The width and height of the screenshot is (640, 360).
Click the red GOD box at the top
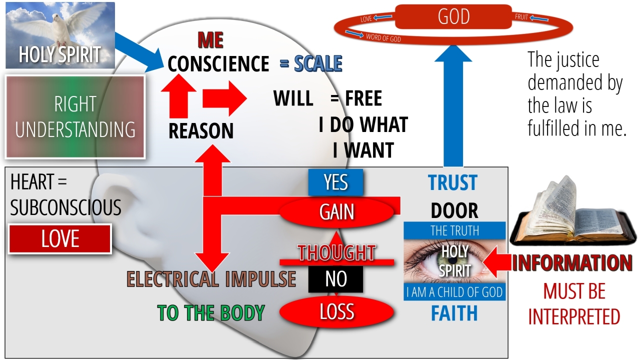pyautogui.click(x=453, y=16)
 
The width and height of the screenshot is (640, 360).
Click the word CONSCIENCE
pyautogui.click(x=218, y=64)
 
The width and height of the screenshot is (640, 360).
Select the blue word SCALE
pyautogui.click(x=318, y=64)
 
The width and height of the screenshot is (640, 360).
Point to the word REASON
pyautogui.click(x=201, y=131)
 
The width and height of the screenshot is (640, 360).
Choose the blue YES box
pyautogui.click(x=335, y=182)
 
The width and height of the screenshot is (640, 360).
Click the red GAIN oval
pyautogui.click(x=337, y=212)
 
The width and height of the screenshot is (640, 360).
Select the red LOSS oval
pyautogui.click(x=336, y=312)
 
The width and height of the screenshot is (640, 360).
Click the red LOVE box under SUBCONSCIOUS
pyautogui.click(x=60, y=239)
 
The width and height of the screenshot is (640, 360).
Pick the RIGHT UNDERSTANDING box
pyautogui.click(x=75, y=117)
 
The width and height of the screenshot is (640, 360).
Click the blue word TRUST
pyautogui.click(x=453, y=183)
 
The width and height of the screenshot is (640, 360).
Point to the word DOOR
pyautogui.click(x=454, y=211)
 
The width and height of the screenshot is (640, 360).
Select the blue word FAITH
pyautogui.click(x=454, y=313)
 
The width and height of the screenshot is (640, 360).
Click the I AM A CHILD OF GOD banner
pyautogui.click(x=454, y=292)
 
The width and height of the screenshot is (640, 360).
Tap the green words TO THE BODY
pyautogui.click(x=210, y=313)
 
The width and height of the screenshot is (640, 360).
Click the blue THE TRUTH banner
pyautogui.click(x=454, y=230)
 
